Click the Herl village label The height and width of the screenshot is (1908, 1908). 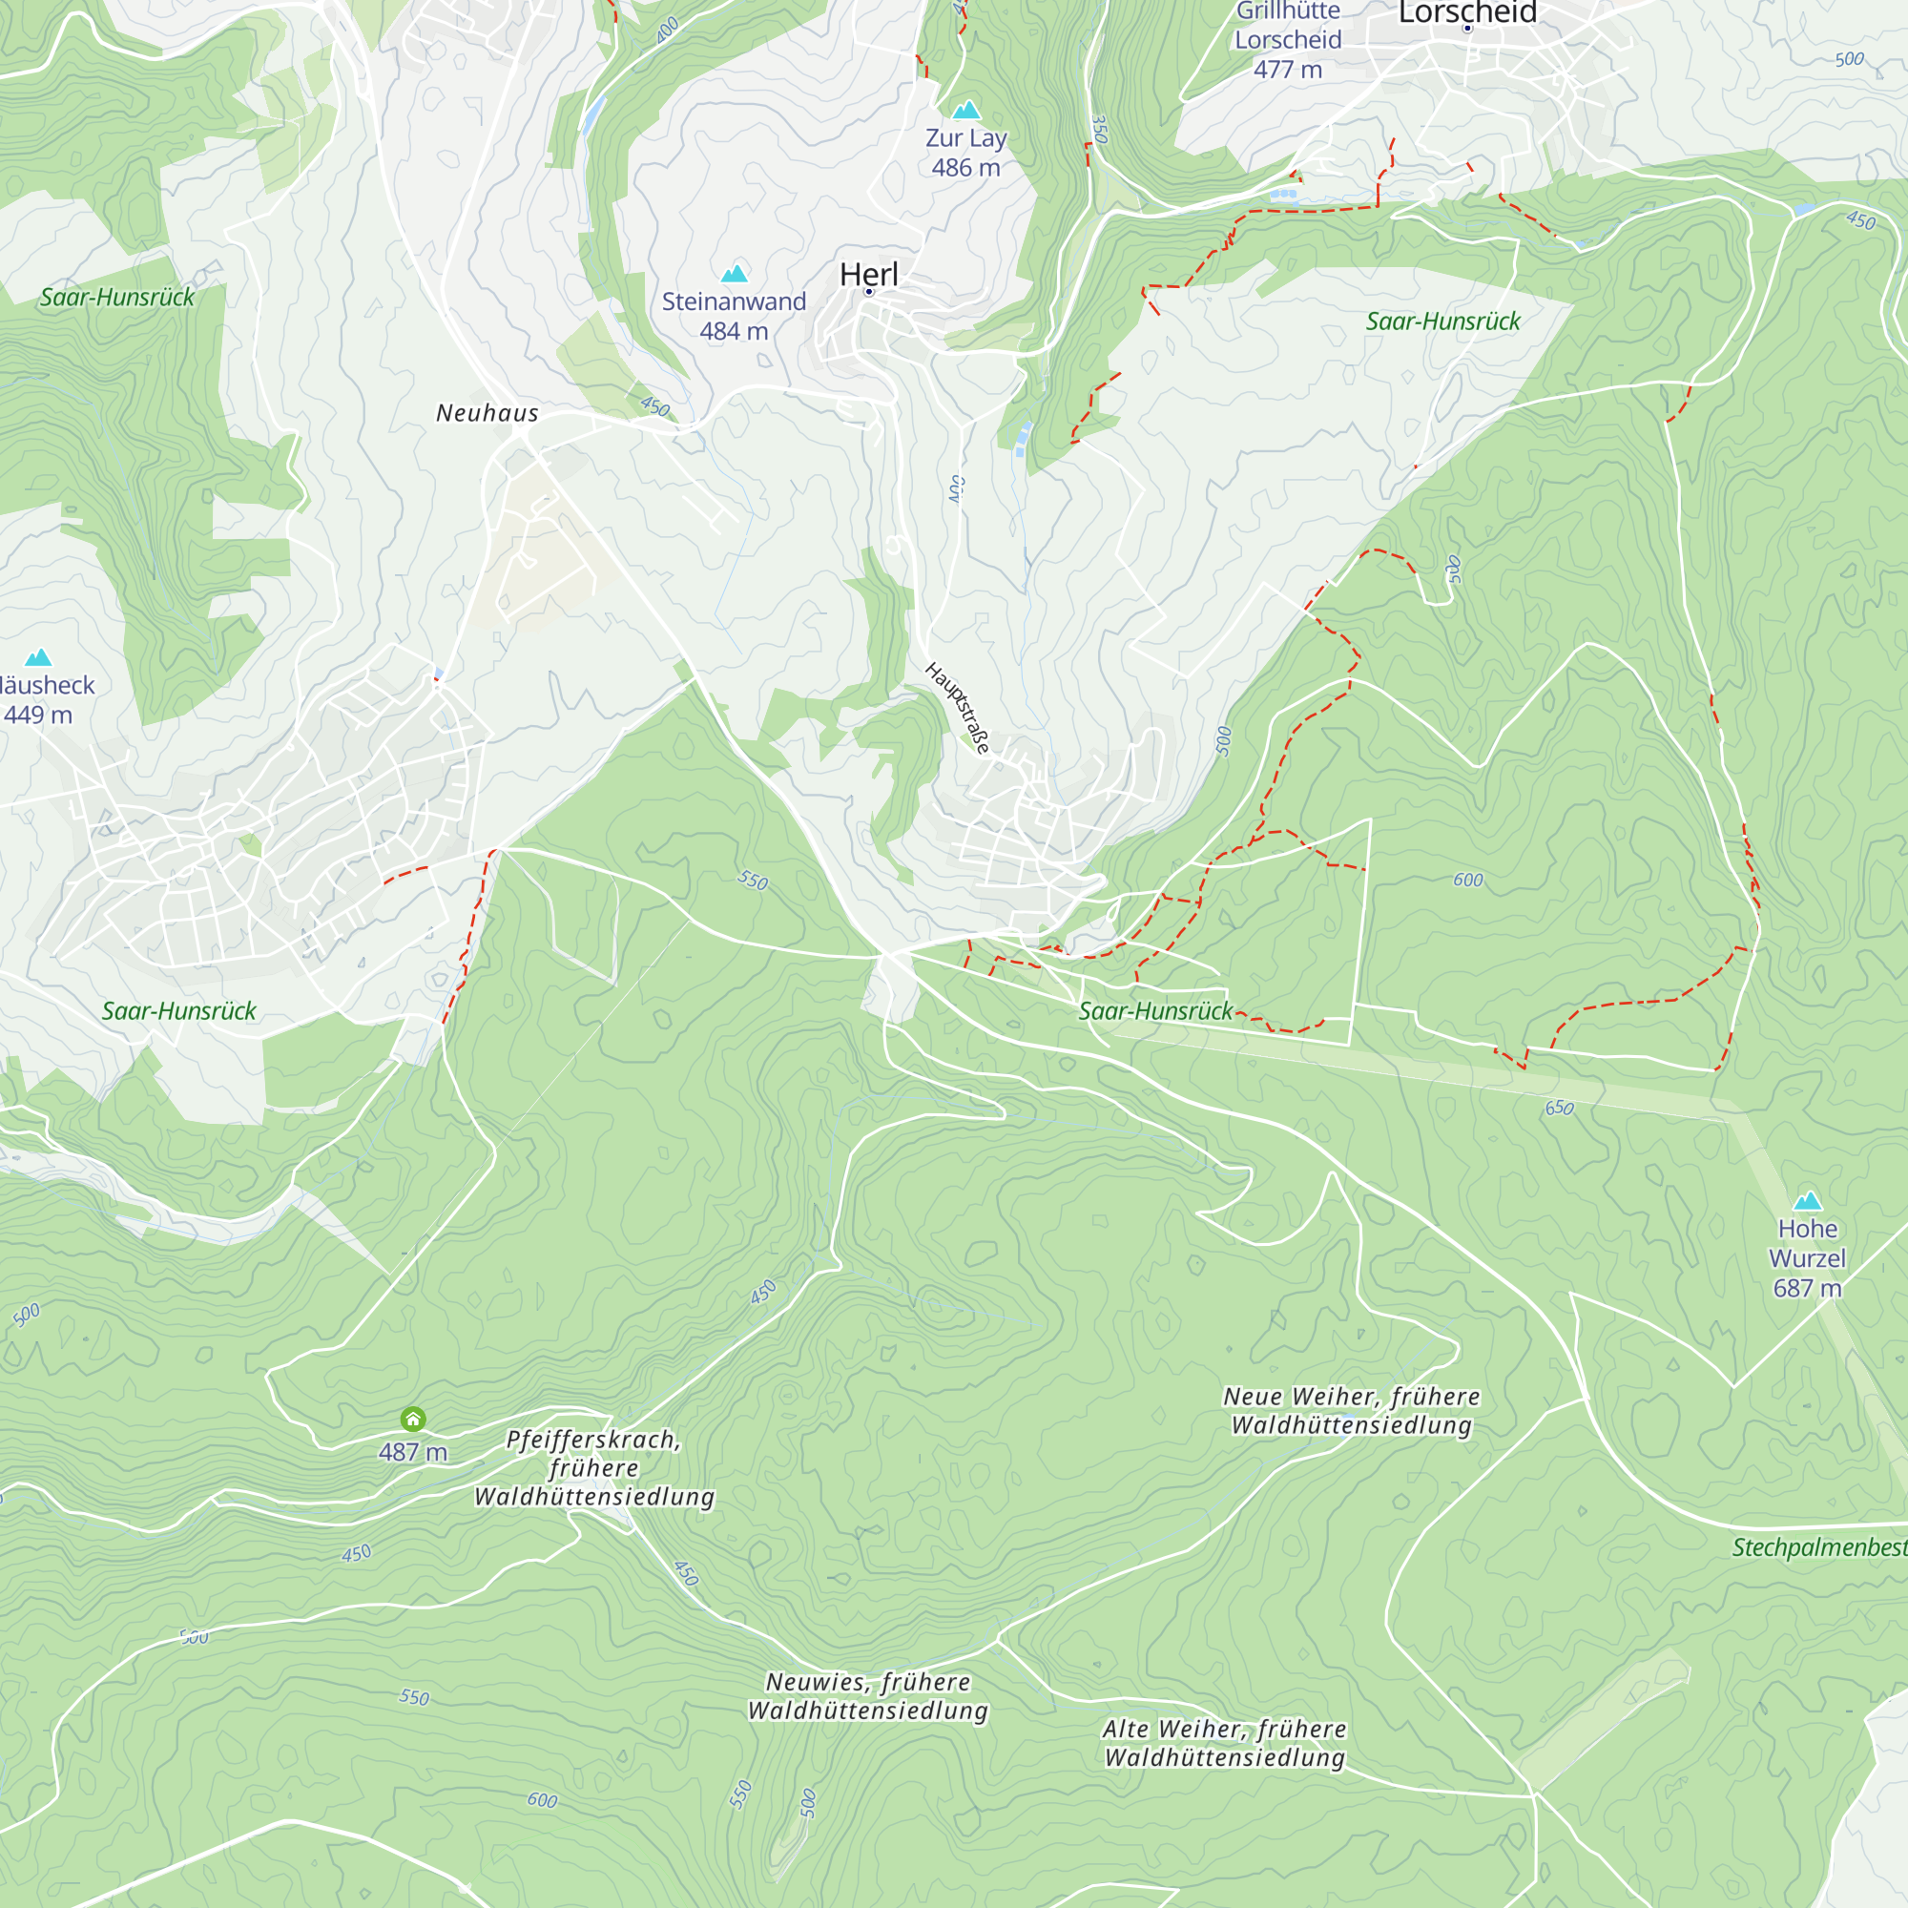pyautogui.click(x=869, y=275)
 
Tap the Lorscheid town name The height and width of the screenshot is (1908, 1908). pyautogui.click(x=1467, y=11)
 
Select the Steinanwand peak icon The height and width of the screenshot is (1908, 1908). pyautogui.click(x=734, y=274)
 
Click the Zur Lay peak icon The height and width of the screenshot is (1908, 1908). pyautogui.click(x=965, y=110)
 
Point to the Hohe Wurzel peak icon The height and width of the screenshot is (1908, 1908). pyautogui.click(x=1807, y=1201)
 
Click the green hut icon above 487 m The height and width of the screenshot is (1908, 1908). pyautogui.click(x=413, y=1420)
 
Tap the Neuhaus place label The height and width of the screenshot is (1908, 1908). pyautogui.click(x=487, y=413)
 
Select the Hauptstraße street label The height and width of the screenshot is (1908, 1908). pyautogui.click(x=957, y=708)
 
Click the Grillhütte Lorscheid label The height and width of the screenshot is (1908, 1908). pyautogui.click(x=1288, y=28)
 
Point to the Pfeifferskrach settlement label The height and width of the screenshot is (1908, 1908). pyautogui.click(x=594, y=1467)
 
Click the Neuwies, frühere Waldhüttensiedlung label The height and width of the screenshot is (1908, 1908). pyautogui.click(x=868, y=1695)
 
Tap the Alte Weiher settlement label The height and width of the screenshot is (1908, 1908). pyautogui.click(x=1225, y=1743)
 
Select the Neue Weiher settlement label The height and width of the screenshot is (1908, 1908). pyautogui.click(x=1352, y=1410)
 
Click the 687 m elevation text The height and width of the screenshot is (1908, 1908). pyautogui.click(x=1807, y=1288)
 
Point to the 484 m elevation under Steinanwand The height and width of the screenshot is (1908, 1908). pyautogui.click(x=734, y=332)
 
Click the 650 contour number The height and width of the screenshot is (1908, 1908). pyautogui.click(x=1560, y=1108)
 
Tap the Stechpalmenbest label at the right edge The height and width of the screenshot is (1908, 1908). pyautogui.click(x=1819, y=1547)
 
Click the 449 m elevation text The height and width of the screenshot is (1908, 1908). pyautogui.click(x=37, y=715)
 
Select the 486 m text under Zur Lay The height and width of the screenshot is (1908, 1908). pyautogui.click(x=965, y=168)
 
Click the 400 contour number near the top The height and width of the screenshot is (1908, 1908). pyautogui.click(x=668, y=29)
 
